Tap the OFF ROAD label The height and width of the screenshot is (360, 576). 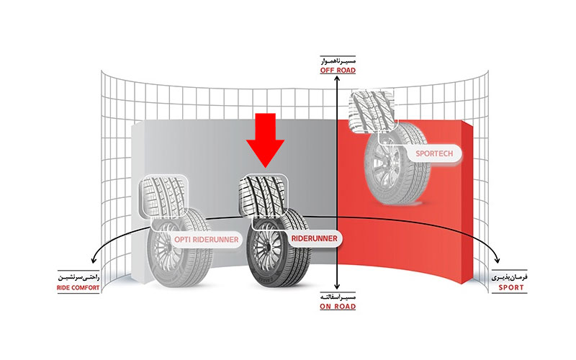(x=338, y=71)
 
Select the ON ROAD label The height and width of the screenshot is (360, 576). (x=338, y=307)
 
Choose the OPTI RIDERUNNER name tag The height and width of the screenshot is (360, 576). (x=207, y=238)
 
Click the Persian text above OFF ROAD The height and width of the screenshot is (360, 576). (x=338, y=61)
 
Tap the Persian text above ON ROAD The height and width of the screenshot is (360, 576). (x=338, y=297)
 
